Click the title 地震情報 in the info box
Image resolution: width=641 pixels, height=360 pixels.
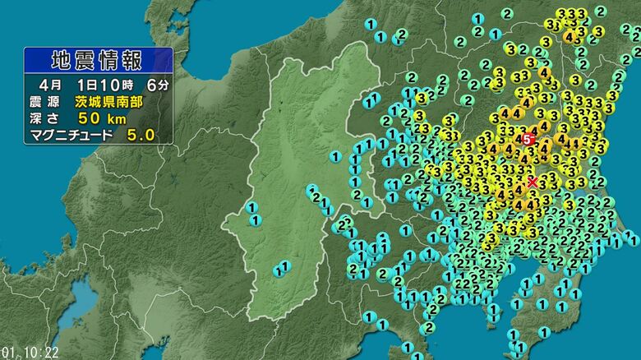[x=95, y=61]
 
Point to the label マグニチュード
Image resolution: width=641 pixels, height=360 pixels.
[x=71, y=135]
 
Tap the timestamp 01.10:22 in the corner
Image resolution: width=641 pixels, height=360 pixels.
[x=30, y=353]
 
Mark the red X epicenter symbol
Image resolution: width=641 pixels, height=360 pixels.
[x=533, y=182]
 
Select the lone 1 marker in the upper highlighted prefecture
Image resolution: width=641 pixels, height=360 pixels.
[x=335, y=156]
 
